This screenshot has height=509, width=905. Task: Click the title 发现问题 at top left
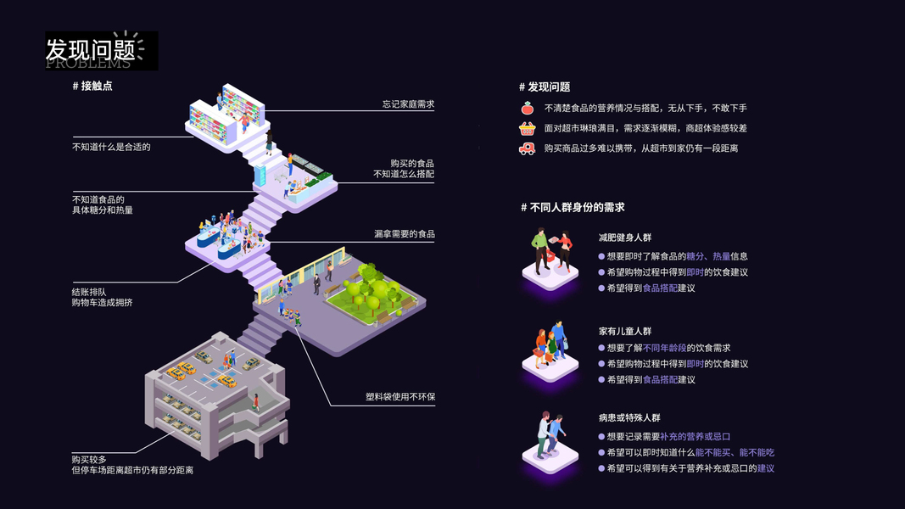point(91,49)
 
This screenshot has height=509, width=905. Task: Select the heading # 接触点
point(92,86)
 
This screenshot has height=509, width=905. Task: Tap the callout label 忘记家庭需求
point(408,104)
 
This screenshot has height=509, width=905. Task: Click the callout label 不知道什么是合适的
point(111,147)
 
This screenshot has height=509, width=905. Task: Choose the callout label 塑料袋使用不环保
point(400,397)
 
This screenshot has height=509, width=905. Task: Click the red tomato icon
point(528,108)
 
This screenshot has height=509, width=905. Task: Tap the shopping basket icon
point(528,128)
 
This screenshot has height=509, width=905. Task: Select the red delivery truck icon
point(528,148)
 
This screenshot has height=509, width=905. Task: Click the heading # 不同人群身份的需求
point(573,207)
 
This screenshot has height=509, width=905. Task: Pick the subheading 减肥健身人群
point(624,238)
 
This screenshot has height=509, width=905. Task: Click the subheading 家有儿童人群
point(624,331)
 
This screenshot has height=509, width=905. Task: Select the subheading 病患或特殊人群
point(628,418)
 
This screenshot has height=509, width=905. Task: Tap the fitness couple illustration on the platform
point(550,254)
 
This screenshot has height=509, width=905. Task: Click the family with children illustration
point(550,346)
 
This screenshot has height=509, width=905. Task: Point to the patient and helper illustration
point(550,436)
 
